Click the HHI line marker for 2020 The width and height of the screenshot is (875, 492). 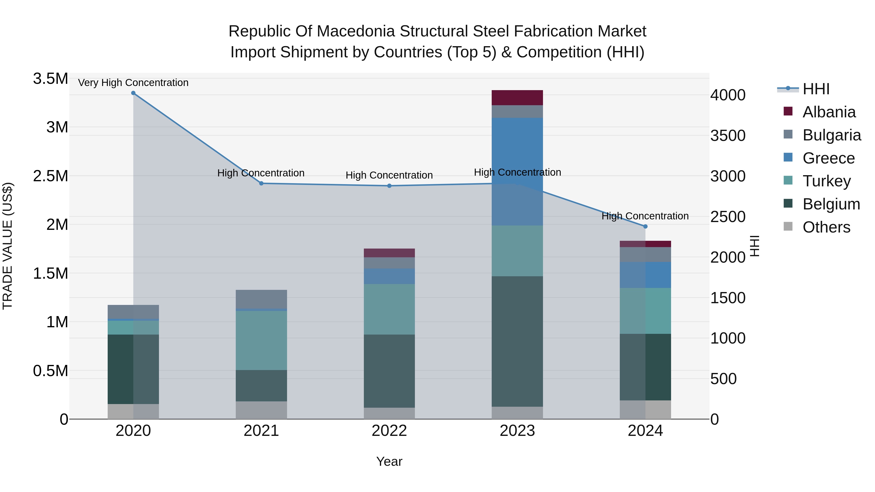point(133,93)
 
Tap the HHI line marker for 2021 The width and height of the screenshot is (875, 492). point(261,183)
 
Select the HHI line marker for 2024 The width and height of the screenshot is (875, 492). point(645,226)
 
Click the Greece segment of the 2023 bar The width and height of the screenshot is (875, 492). point(517,172)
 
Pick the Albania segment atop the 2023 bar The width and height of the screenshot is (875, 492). point(517,98)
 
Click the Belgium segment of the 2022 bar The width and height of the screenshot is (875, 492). point(389,371)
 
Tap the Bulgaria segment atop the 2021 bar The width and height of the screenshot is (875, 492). point(261,299)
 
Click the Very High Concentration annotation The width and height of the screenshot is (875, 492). point(133,83)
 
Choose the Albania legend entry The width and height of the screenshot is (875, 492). point(829,112)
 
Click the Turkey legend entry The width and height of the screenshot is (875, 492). point(826,181)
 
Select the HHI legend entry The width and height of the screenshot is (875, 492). point(816,89)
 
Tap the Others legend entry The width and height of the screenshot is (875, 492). point(826,227)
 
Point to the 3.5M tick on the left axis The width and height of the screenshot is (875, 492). point(50,79)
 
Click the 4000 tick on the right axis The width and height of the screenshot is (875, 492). point(728,95)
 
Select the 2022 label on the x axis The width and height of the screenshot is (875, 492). point(389,431)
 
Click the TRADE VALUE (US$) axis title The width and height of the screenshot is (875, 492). point(8,246)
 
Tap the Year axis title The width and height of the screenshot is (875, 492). point(389,461)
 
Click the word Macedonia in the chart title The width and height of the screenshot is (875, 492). point(355,31)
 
